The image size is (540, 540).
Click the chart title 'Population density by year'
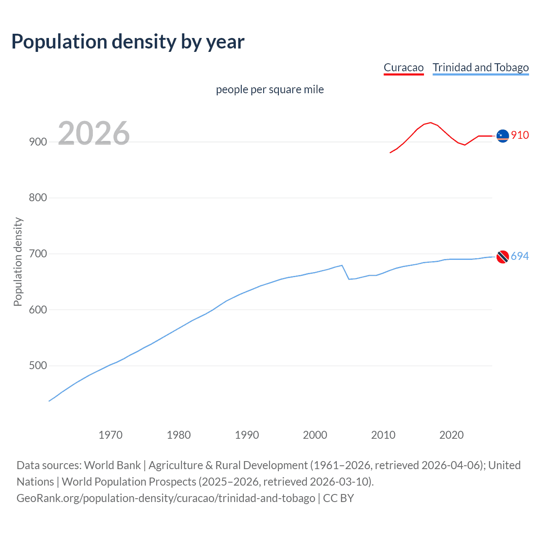click(128, 42)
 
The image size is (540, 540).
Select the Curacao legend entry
click(403, 67)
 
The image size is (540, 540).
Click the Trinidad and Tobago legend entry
click(481, 67)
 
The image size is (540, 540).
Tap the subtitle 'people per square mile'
click(270, 89)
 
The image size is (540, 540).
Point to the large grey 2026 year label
click(94, 133)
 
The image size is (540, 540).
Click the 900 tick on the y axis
click(38, 142)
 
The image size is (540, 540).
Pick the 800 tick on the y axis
click(38, 197)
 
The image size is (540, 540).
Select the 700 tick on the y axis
click(38, 254)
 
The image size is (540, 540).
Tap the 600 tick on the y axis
click(38, 310)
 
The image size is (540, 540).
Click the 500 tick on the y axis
click(38, 365)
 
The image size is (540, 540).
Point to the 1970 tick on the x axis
click(111, 435)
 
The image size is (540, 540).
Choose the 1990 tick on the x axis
click(247, 435)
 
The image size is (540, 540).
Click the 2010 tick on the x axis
click(383, 435)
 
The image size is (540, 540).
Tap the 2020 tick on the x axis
click(451, 435)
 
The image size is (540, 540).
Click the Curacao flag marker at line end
click(502, 136)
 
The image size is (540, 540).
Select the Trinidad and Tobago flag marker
click(502, 256)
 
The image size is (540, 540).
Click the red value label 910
click(520, 135)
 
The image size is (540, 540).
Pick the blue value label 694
click(520, 256)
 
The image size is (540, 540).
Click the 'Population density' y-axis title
click(18, 262)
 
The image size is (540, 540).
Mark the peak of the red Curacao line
click(430, 123)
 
